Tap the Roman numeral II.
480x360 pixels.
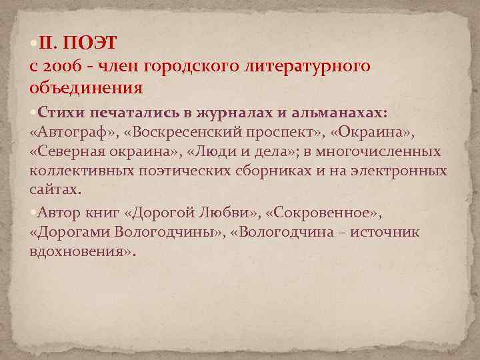coord(49,44)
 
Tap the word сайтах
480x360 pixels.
coord(54,191)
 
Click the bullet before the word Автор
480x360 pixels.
coord(33,212)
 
